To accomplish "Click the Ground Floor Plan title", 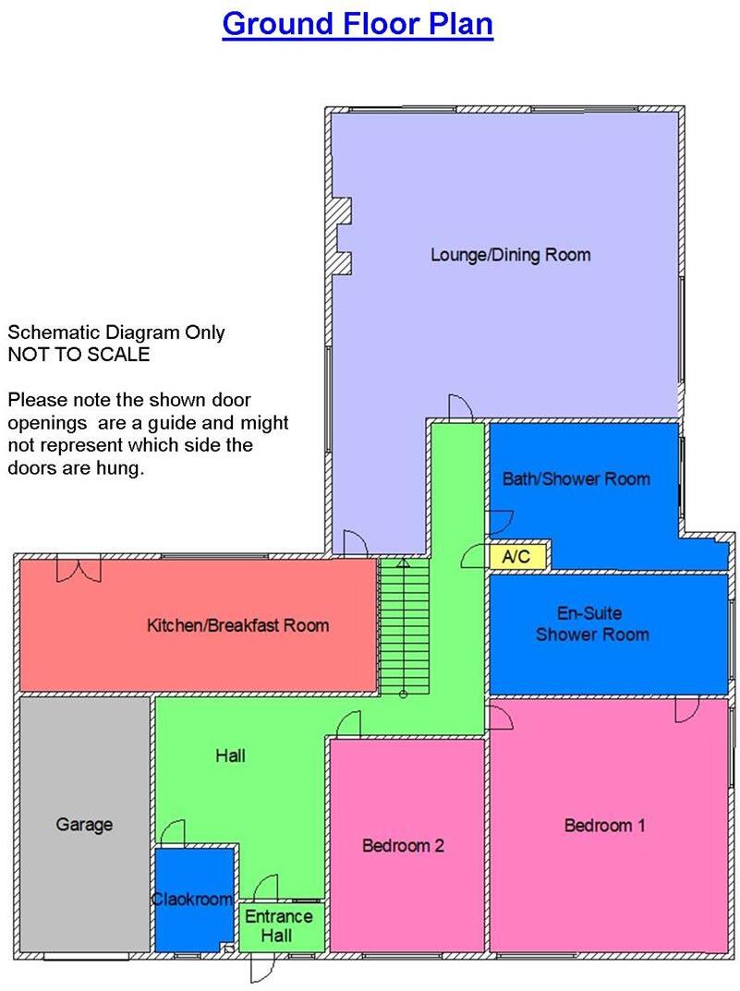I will click(358, 24).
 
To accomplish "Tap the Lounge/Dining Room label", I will click(510, 255).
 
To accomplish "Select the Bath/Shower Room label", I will click(576, 478).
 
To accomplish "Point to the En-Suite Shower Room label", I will click(591, 623).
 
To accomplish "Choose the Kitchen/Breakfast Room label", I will click(237, 625).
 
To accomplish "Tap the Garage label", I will click(84, 824).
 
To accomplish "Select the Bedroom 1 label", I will click(604, 825).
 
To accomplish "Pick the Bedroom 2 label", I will click(404, 845).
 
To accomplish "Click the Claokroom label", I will click(192, 899).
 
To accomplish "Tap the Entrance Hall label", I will click(278, 925).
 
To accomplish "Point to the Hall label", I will click(230, 755).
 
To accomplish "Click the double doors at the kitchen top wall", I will click(78, 569).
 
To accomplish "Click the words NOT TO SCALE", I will click(79, 354).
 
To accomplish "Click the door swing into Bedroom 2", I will click(348, 725).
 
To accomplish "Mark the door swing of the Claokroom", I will click(173, 833).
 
